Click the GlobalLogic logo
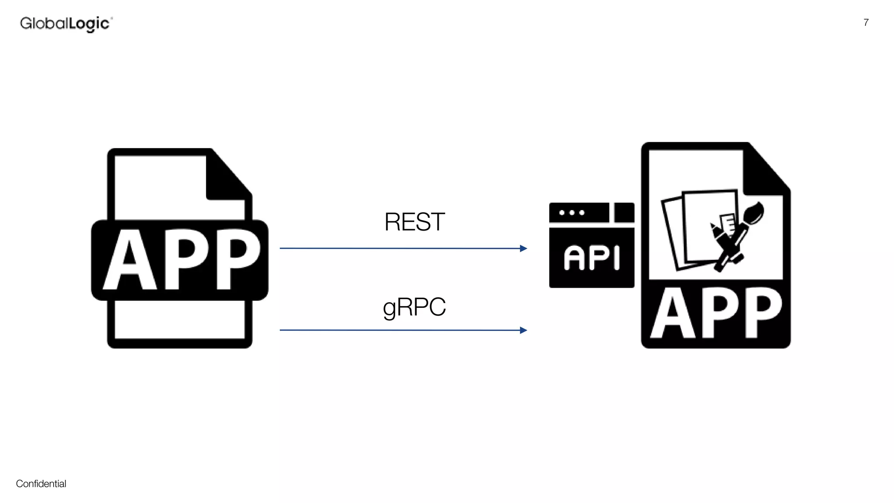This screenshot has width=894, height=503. (x=66, y=24)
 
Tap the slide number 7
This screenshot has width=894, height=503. (x=866, y=23)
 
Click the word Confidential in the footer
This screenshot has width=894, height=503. (x=41, y=484)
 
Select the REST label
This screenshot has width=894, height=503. (x=414, y=222)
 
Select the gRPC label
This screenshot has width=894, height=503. (x=414, y=307)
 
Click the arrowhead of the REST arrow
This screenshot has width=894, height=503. (x=523, y=248)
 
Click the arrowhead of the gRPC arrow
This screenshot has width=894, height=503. (x=523, y=330)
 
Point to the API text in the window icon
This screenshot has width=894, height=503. (x=591, y=258)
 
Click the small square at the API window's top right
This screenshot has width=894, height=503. (x=624, y=213)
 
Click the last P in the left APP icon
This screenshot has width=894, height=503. (x=237, y=261)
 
